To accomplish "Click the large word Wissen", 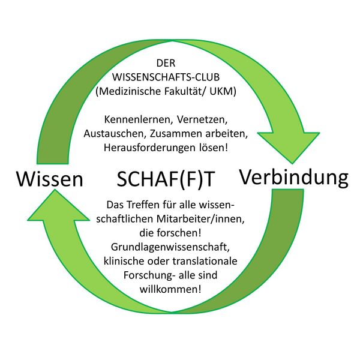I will pos(49,179).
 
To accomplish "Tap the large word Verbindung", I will pos(294,177).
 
